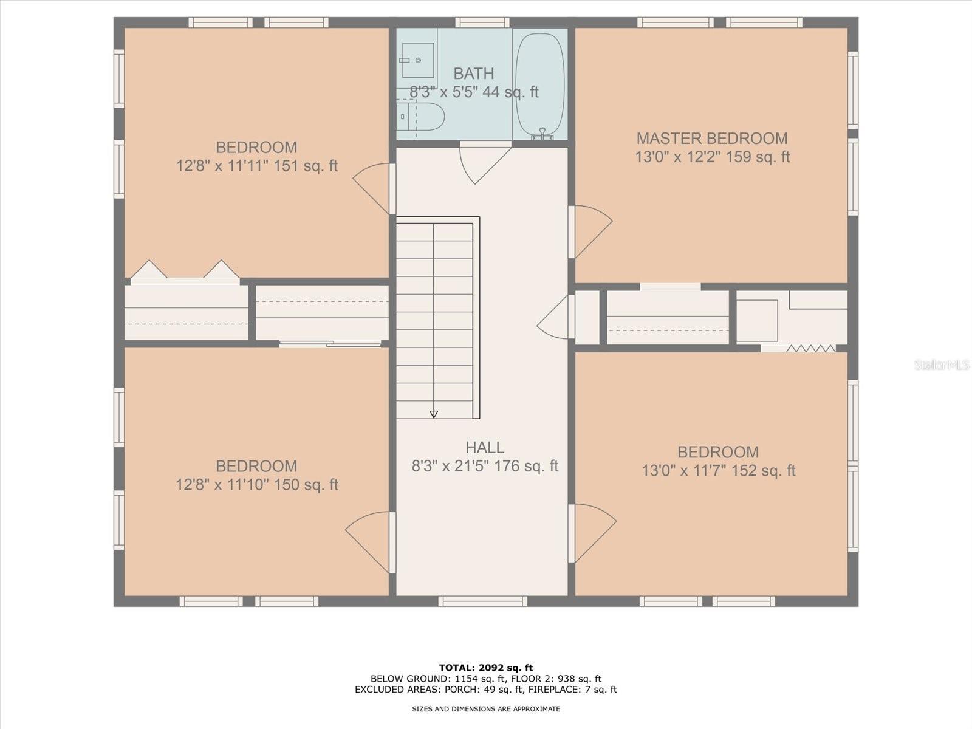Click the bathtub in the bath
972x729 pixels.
pyautogui.click(x=541, y=84)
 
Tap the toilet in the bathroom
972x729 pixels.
pyautogui.click(x=420, y=117)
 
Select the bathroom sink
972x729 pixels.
pyautogui.click(x=417, y=60)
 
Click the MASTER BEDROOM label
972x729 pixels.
pyautogui.click(x=712, y=139)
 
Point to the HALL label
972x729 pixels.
pyautogui.click(x=484, y=448)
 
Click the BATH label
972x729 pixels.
pyautogui.click(x=473, y=74)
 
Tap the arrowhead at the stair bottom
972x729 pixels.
pyautogui.click(x=434, y=414)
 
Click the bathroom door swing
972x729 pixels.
pyautogui.click(x=485, y=164)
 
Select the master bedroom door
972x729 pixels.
pyautogui.click(x=590, y=231)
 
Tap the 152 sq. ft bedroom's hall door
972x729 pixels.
pyautogui.click(x=592, y=534)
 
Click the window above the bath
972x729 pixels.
pyautogui.click(x=482, y=22)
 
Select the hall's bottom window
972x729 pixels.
pyautogui.click(x=483, y=601)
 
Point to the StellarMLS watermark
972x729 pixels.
pyautogui.click(x=942, y=365)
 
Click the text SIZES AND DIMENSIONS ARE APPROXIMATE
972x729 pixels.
pyautogui.click(x=486, y=709)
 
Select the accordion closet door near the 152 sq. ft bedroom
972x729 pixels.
pyautogui.click(x=811, y=349)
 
